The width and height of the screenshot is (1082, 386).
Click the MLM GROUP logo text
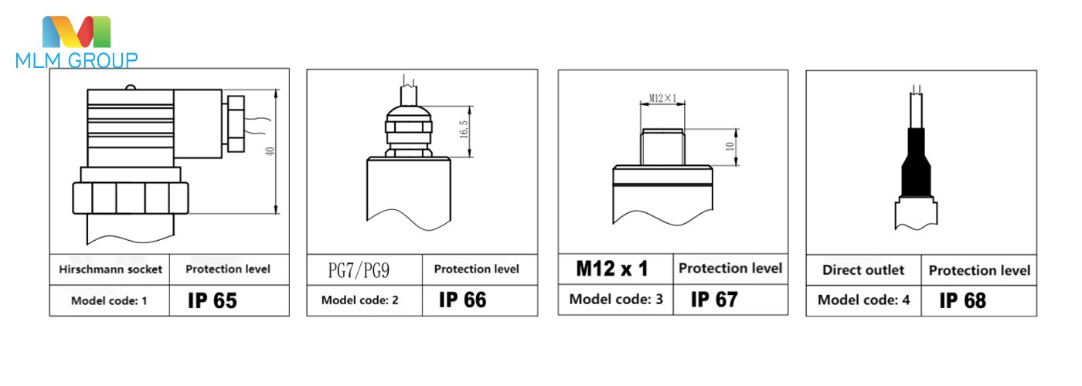77,60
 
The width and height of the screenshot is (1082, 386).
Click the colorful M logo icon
77,32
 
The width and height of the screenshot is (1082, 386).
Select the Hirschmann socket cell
111,269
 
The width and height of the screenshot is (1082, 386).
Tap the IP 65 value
212,301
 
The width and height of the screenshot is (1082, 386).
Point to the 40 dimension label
269,151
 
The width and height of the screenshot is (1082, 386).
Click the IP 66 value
462,300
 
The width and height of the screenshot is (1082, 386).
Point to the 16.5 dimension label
463,128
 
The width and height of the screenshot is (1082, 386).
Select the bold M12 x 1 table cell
612,269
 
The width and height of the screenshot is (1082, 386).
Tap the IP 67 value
714,300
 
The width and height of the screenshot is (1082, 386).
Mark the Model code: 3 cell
616,300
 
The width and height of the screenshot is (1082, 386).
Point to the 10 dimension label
729,146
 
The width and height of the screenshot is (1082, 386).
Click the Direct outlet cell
863,270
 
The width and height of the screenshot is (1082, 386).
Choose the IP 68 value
962,300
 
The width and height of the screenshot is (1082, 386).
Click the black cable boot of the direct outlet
917,165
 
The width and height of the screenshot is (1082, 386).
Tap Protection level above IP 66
476,269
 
